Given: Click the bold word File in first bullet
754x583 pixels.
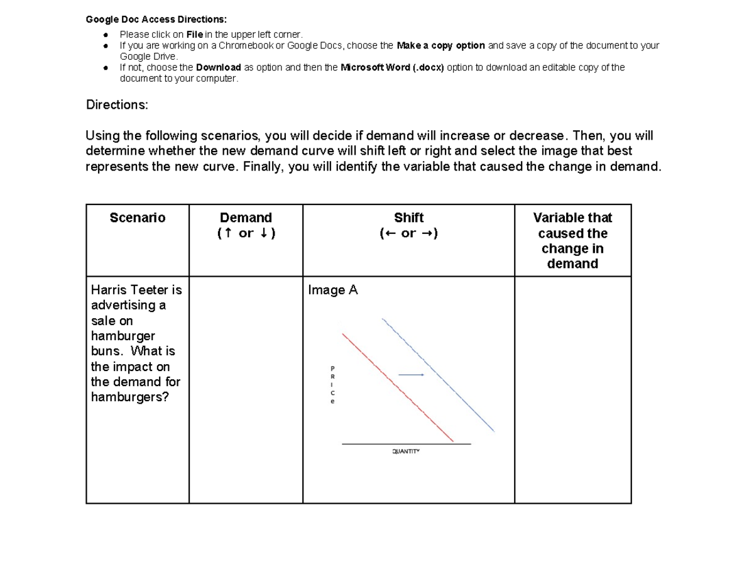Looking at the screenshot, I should pos(195,35).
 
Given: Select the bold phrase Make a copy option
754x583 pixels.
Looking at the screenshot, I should pos(441,45).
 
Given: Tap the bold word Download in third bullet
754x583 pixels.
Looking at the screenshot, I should pos(218,67).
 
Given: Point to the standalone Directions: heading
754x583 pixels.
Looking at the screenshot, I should pos(117,105).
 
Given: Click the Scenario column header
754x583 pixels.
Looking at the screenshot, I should pos(138,218).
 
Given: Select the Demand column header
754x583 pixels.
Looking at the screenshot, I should pos(246,218).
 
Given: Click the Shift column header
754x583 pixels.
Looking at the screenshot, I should pos(408,218).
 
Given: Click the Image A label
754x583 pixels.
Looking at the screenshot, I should pos(332,290).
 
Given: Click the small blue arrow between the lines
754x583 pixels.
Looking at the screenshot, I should pos(412,375).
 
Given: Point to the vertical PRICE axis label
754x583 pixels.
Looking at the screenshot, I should pos(333,384).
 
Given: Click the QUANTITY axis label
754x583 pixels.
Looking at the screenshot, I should pos(405,452).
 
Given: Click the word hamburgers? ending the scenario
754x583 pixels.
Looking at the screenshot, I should pos(130,397).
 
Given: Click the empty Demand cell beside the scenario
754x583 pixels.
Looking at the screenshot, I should pos(246,389).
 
